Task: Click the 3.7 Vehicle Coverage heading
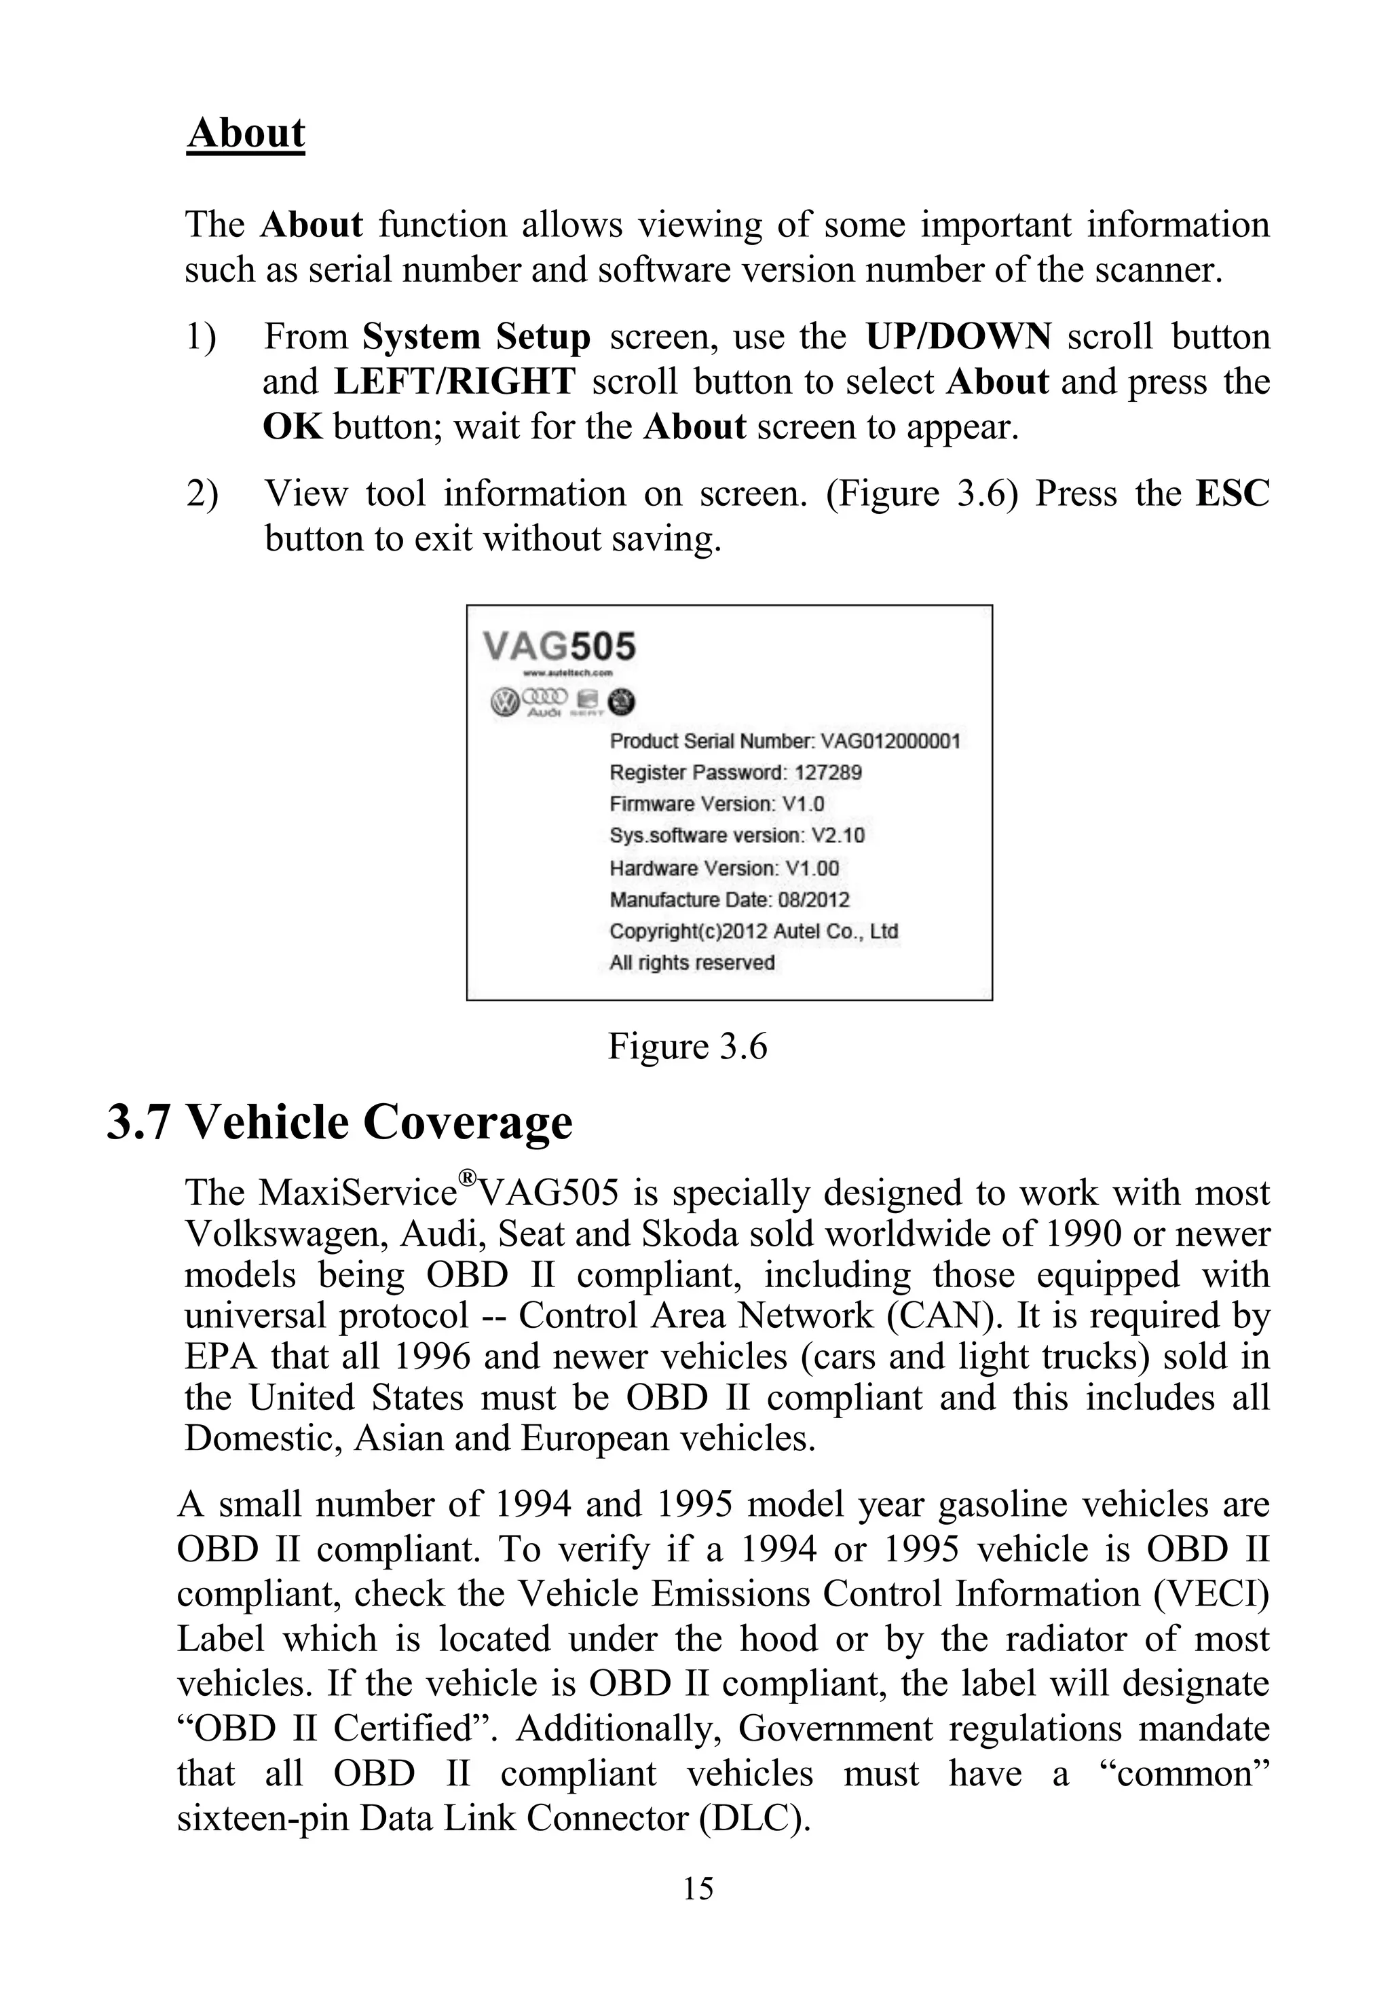339,1122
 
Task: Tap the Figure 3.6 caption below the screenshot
687,1046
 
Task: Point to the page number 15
698,1889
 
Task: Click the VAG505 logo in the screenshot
559,647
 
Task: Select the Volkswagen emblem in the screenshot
504,702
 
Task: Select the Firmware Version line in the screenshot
716,804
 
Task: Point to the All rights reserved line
692,963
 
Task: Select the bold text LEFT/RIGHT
454,382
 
